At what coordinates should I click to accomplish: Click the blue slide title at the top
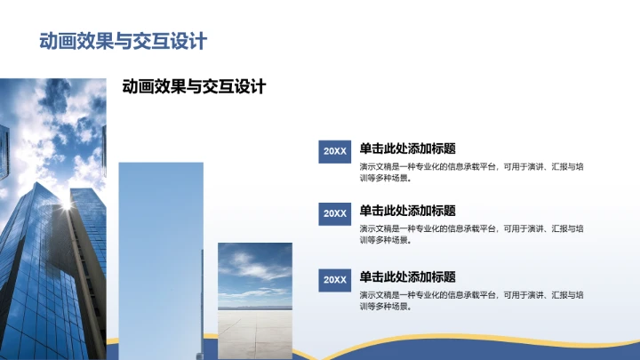click(123, 41)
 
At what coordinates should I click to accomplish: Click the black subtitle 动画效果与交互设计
click(194, 87)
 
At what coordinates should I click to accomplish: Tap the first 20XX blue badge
click(335, 151)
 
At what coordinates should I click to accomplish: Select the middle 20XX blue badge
click(335, 213)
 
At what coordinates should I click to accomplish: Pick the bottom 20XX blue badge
click(335, 280)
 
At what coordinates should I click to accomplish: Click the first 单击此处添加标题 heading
click(407, 148)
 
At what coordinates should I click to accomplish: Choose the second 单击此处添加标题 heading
click(407, 211)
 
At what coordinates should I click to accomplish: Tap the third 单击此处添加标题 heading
click(407, 276)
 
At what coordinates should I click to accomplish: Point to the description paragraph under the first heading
click(471, 171)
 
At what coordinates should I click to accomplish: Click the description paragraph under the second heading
click(471, 234)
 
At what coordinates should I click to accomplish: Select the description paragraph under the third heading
click(471, 300)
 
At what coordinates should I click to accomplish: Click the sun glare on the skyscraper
click(65, 205)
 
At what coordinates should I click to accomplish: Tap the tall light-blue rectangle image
click(160, 258)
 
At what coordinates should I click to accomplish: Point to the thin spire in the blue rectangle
click(202, 302)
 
